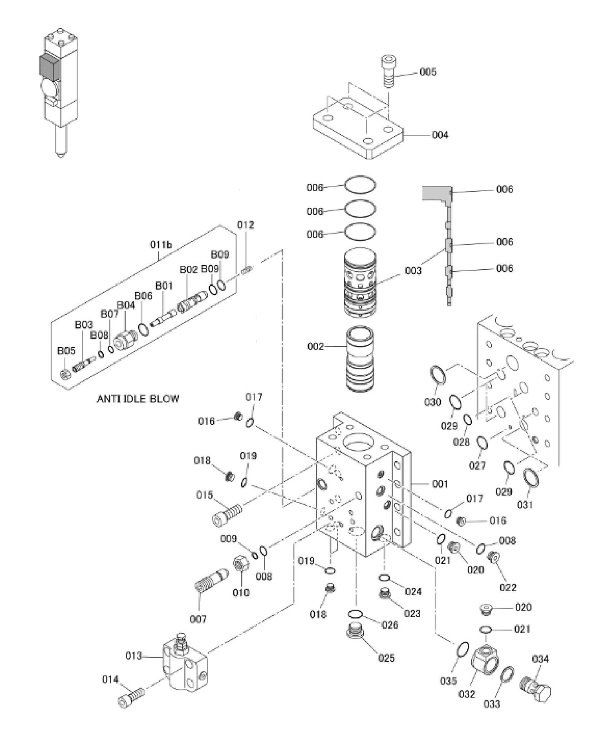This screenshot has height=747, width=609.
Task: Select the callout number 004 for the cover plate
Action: pyautogui.click(x=440, y=135)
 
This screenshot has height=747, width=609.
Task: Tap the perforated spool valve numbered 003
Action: pyautogui.click(x=359, y=283)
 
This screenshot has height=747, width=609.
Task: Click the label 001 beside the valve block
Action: pyautogui.click(x=440, y=484)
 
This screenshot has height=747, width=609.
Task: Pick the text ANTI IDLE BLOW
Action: pyautogui.click(x=138, y=399)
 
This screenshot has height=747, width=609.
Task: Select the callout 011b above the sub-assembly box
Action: pyautogui.click(x=161, y=245)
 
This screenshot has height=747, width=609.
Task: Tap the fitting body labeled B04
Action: pyautogui.click(x=125, y=339)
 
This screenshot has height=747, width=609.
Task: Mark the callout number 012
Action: pyautogui.click(x=245, y=225)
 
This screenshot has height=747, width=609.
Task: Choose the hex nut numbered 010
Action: pyautogui.click(x=241, y=564)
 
